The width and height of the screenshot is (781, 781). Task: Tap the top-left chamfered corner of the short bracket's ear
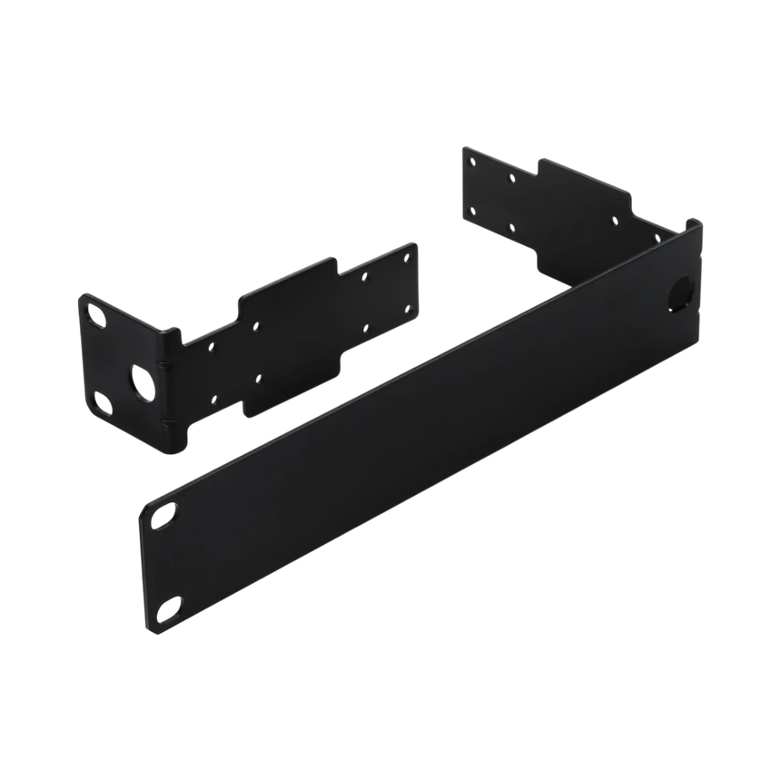(x=82, y=296)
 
